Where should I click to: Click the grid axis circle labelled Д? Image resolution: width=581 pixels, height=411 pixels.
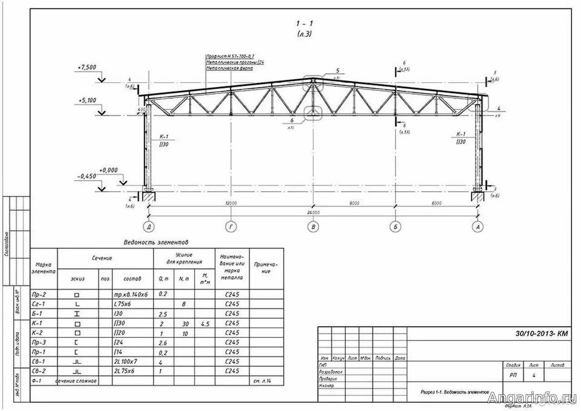148,227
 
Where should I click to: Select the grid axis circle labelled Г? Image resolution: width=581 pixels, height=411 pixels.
231,227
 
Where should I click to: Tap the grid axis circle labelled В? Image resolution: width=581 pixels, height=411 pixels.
313,227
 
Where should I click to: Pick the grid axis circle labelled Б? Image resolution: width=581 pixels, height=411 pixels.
395,227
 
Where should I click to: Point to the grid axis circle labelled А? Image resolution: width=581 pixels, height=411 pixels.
477,227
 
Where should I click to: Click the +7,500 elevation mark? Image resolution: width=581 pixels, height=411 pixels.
87,67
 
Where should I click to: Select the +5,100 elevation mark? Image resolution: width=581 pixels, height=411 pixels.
87,100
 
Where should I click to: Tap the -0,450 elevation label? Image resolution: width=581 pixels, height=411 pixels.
87,176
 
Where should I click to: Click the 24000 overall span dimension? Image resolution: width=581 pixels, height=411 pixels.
313,212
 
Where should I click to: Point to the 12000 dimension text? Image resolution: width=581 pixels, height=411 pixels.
231,203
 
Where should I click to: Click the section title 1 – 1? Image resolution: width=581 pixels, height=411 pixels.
305,23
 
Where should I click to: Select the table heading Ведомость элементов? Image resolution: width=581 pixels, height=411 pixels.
156,243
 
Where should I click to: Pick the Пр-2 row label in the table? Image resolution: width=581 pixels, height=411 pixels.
39,294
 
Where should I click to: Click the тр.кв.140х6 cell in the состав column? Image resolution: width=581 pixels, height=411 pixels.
131,294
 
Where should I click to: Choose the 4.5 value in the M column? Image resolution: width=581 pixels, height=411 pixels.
205,323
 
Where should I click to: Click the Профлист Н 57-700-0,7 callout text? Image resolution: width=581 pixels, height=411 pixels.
230,56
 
